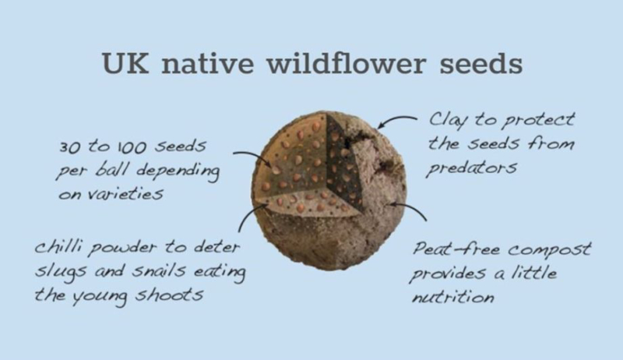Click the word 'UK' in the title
coord(125,63)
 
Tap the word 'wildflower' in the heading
coord(346,63)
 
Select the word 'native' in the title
coord(207,63)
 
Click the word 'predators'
coord(471,168)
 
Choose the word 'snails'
coord(159,270)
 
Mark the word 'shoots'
coord(169,295)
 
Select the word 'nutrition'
coord(453,297)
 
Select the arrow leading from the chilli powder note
coord(246,214)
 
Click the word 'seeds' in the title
coord(480,64)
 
